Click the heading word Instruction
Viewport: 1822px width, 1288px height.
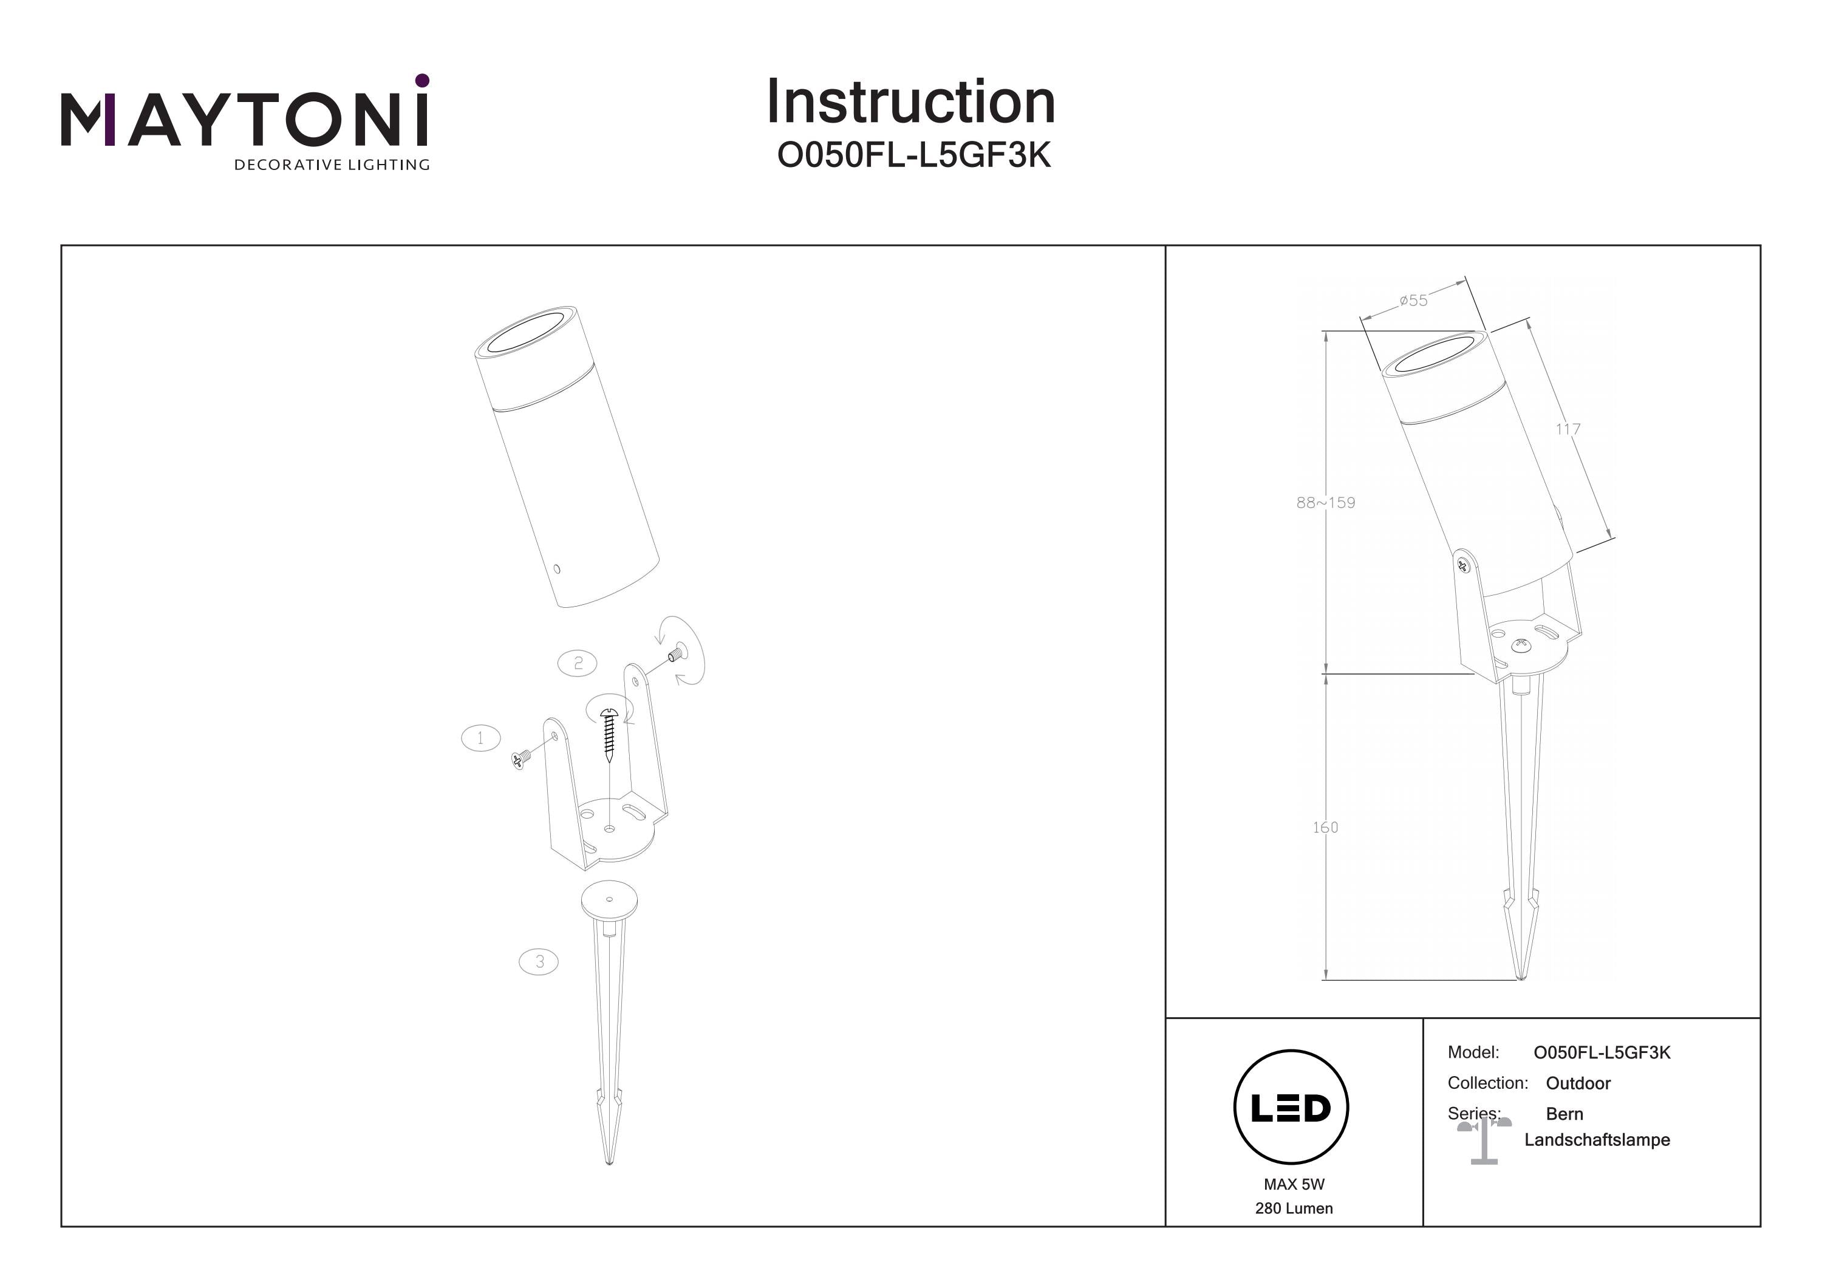click(910, 103)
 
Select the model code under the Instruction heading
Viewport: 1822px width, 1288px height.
click(913, 155)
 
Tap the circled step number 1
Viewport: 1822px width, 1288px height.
click(480, 738)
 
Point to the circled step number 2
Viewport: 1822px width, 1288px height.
click(578, 663)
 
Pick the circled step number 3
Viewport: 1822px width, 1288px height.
click(539, 962)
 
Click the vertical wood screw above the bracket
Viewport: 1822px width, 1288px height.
click(609, 734)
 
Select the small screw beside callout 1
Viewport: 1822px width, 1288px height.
click(521, 760)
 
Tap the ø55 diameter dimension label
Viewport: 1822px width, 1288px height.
click(1413, 301)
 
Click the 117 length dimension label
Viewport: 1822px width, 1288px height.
click(1568, 429)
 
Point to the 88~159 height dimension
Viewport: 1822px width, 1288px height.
click(1325, 502)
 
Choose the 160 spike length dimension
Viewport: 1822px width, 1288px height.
click(1325, 828)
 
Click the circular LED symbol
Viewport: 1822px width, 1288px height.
click(1291, 1108)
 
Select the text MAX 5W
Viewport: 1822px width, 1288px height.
click(1294, 1184)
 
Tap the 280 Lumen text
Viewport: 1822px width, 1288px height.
click(1294, 1208)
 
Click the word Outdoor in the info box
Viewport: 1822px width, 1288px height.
click(1578, 1083)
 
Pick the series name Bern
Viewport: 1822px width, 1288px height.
click(1564, 1114)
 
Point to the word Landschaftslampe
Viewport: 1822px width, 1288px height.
click(1597, 1140)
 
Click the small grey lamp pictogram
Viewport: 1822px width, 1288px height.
click(1483, 1141)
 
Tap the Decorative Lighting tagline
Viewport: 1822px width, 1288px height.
click(332, 165)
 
